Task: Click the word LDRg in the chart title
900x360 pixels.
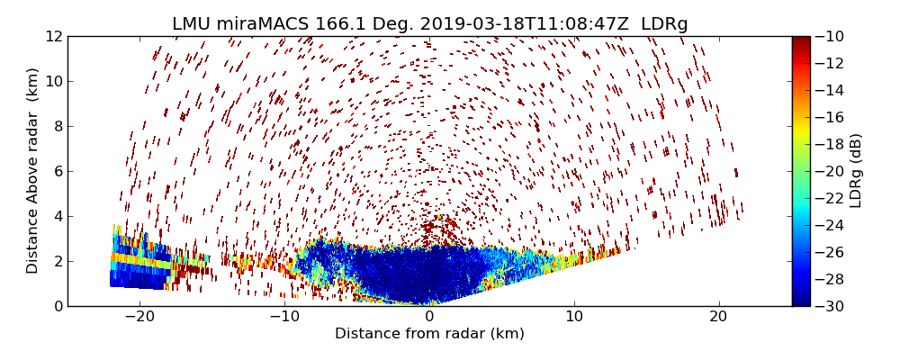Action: pyautogui.click(x=664, y=24)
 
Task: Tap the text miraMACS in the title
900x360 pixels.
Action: pyautogui.click(x=249, y=24)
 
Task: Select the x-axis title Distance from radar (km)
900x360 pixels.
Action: pyautogui.click(x=429, y=334)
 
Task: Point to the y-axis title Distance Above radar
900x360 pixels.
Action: pyautogui.click(x=33, y=171)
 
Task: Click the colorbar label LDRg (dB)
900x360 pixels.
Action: pyautogui.click(x=856, y=171)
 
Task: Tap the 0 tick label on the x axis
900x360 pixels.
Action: pyautogui.click(x=429, y=317)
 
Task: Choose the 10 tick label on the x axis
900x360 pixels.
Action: pyautogui.click(x=574, y=317)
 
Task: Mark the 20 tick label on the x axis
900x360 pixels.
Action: pyautogui.click(x=718, y=317)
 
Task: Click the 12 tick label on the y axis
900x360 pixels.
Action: pyautogui.click(x=53, y=36)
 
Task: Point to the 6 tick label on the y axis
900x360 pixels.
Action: pyautogui.click(x=57, y=171)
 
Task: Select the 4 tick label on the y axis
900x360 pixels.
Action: pyautogui.click(x=57, y=216)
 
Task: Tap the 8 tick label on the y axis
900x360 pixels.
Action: pyautogui.click(x=57, y=126)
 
